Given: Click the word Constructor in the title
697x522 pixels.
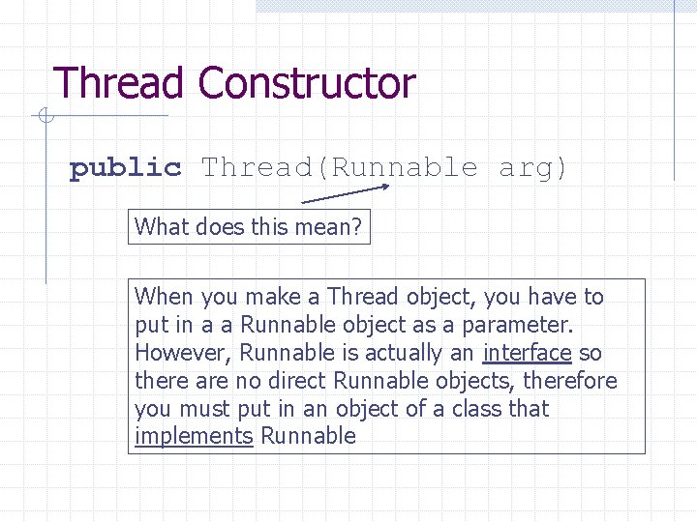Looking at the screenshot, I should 307,84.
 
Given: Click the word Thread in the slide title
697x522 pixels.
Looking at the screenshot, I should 120,84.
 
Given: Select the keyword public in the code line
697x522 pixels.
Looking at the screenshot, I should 126,168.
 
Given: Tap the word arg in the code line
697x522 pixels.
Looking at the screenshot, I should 532,168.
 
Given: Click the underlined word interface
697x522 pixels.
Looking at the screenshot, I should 527,353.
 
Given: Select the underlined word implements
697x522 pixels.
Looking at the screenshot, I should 194,436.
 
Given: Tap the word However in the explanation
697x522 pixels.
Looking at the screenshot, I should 183,353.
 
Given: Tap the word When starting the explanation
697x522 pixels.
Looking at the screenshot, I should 164,297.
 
